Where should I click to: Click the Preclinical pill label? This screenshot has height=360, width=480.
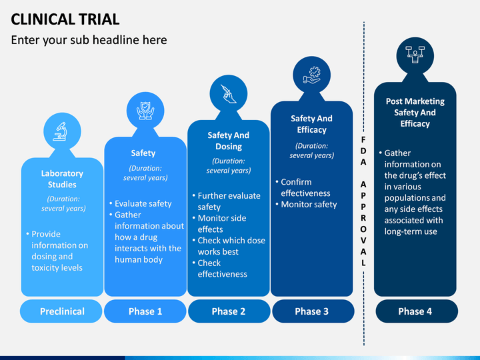pyautogui.click(x=61, y=311)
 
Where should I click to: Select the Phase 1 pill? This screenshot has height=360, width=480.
pyautogui.click(x=145, y=311)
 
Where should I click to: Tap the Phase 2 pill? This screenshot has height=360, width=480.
pyautogui.click(x=229, y=311)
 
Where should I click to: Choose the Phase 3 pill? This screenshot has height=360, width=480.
pyautogui.click(x=312, y=311)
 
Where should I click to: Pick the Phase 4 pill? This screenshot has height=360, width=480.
pyautogui.click(x=416, y=311)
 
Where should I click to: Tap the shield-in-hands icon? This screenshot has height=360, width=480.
pyautogui.click(x=145, y=111)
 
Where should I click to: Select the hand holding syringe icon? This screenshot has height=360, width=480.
pyautogui.click(x=229, y=94)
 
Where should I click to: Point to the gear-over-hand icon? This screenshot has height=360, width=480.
pyautogui.click(x=311, y=75)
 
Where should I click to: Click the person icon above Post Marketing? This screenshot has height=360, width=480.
pyautogui.click(x=415, y=55)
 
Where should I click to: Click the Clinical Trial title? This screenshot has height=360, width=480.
pyautogui.click(x=65, y=19)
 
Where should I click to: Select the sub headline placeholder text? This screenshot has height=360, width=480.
pyautogui.click(x=89, y=40)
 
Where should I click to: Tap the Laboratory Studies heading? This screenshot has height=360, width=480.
pyautogui.click(x=62, y=179)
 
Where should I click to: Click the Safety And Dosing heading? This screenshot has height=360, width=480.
pyautogui.click(x=229, y=141)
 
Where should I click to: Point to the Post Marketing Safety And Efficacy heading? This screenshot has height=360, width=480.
pyautogui.click(x=415, y=113)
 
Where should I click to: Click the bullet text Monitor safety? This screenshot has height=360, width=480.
pyautogui.click(x=309, y=205)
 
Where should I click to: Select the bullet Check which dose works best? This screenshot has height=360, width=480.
pyautogui.click(x=231, y=246)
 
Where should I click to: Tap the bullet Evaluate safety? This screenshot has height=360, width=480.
pyautogui.click(x=143, y=204)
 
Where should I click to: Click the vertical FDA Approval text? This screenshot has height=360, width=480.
pyautogui.click(x=363, y=201)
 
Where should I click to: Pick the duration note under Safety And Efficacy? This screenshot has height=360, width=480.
pyautogui.click(x=311, y=151)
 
